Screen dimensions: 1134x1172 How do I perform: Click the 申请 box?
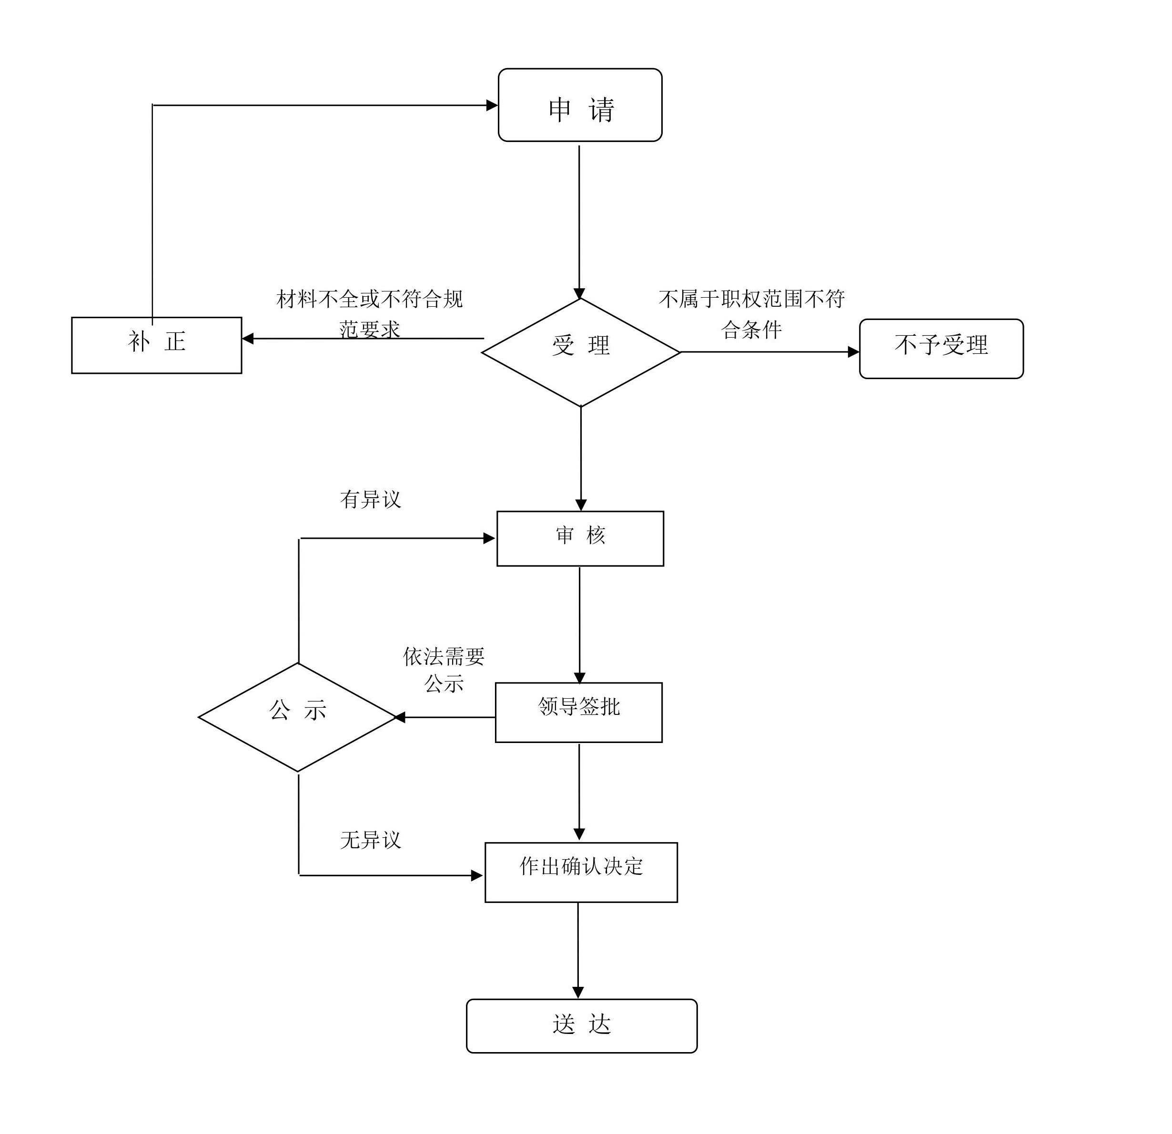point(579,105)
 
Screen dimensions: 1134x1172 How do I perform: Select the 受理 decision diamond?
point(581,352)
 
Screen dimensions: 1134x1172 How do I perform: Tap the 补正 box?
point(157,345)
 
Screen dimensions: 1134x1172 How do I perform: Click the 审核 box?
point(580,538)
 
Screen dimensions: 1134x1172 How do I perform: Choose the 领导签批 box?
point(578,712)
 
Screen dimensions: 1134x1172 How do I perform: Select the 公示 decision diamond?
point(298,717)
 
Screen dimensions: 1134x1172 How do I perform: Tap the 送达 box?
point(581,1026)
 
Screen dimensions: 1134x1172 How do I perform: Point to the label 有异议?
point(370,499)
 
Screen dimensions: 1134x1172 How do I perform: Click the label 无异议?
point(370,840)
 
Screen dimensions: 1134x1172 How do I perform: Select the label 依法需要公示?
point(444,670)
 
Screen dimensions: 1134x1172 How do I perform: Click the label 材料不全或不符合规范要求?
point(370,313)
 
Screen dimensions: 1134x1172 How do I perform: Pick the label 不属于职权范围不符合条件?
point(752,313)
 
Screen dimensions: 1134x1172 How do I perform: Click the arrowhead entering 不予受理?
point(853,352)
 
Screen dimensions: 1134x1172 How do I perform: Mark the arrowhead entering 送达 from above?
point(577,993)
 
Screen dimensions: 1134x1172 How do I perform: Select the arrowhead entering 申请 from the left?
point(492,105)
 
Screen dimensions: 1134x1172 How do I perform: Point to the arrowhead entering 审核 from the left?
point(489,538)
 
